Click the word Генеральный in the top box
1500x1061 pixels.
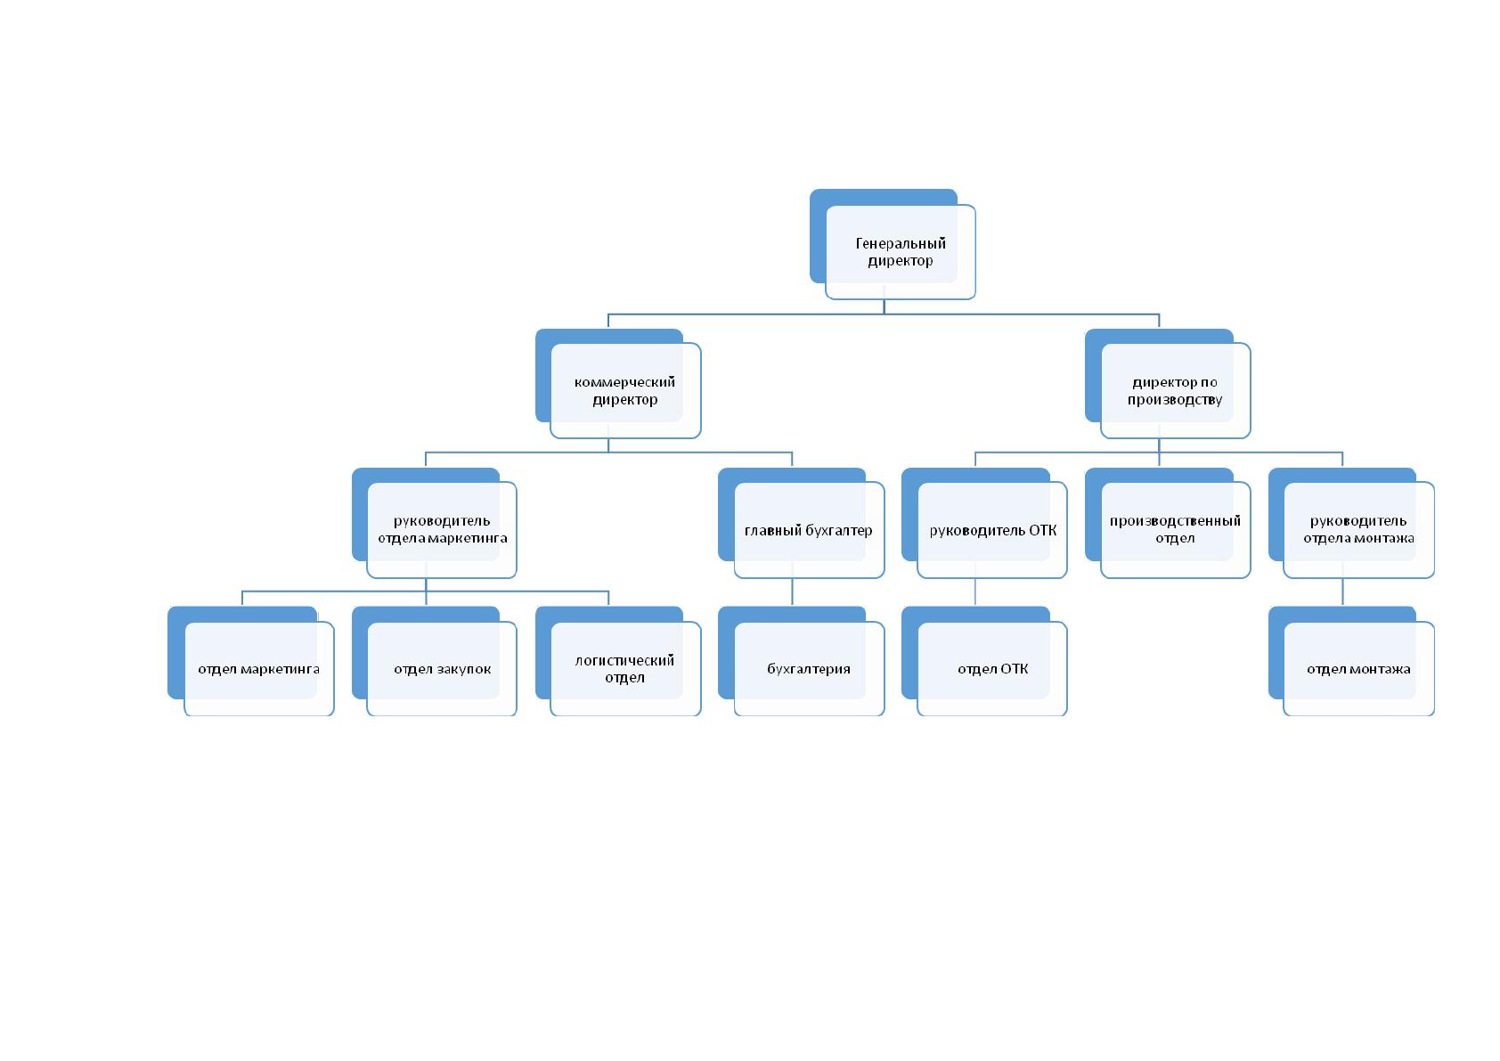pos(901,244)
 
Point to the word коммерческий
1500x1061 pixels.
pos(624,382)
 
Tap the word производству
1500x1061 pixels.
pos(1175,400)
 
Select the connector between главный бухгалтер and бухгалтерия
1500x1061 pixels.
pos(792,592)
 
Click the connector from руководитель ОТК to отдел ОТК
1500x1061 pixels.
pos(975,592)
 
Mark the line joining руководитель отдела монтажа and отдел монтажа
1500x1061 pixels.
pos(1342,592)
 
